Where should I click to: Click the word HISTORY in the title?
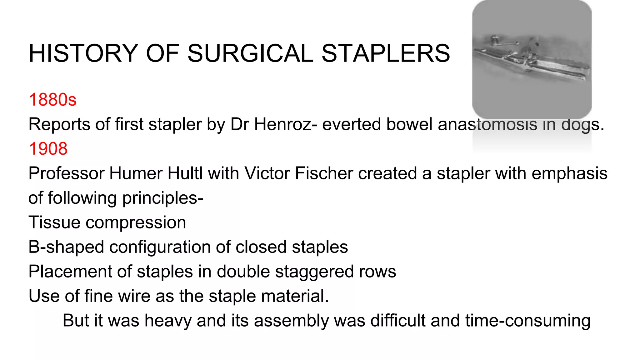[83, 53]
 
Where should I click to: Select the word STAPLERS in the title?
[386, 53]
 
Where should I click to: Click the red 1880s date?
[52, 100]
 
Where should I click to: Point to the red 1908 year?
[48, 148]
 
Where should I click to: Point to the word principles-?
[162, 198]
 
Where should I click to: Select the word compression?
[136, 222]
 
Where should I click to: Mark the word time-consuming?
[528, 321]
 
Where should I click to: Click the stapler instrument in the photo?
[531, 59]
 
